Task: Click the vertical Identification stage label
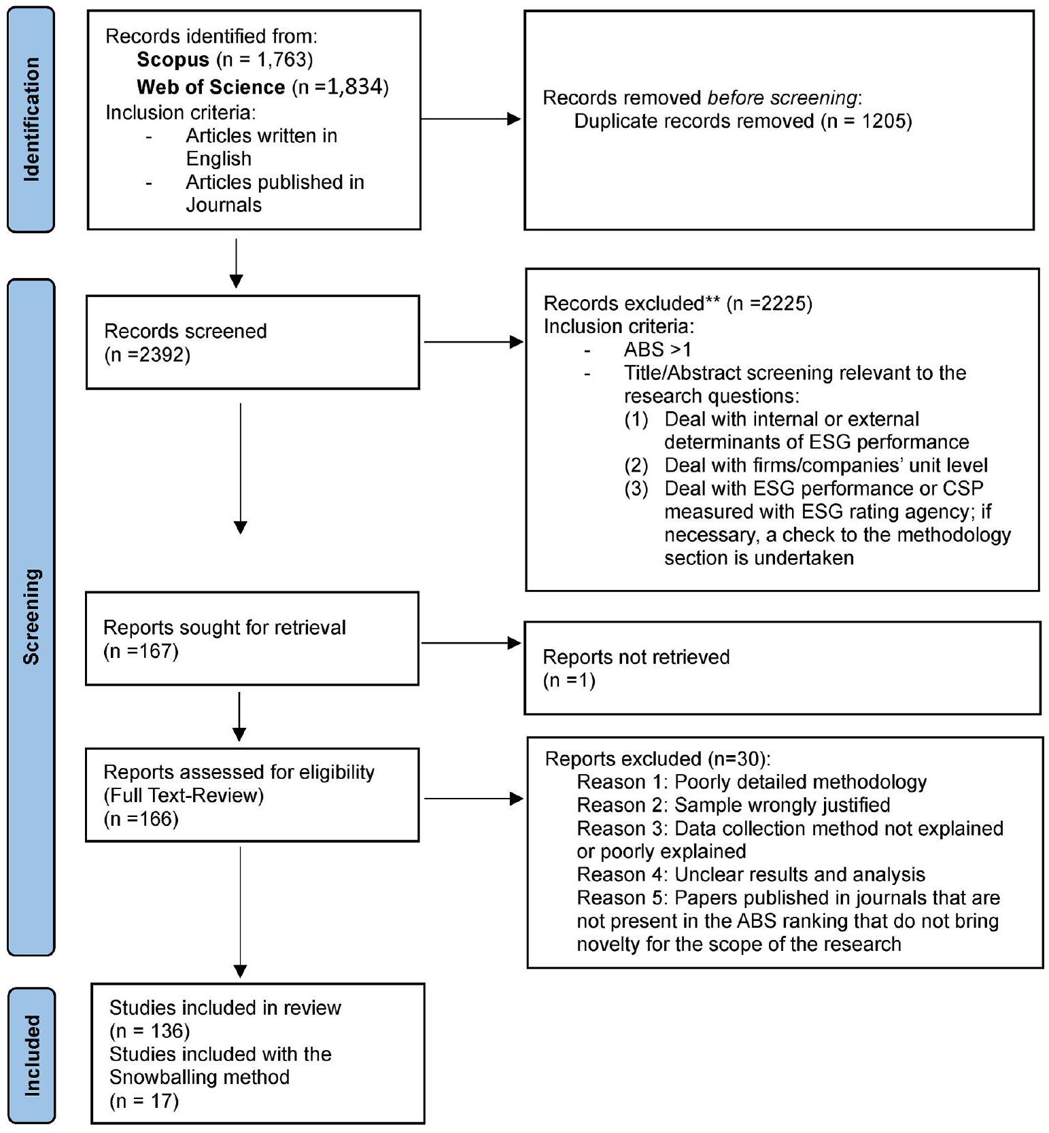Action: [x=31, y=120]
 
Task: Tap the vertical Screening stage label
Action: [x=31, y=616]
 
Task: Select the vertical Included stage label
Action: [x=31, y=1055]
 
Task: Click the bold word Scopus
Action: [x=173, y=60]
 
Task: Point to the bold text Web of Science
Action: [x=211, y=87]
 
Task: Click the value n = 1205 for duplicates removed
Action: [x=865, y=121]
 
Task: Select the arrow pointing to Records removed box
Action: [x=471, y=119]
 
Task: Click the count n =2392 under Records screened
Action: [x=148, y=355]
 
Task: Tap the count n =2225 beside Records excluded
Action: [x=769, y=303]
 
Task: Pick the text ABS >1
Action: [x=657, y=349]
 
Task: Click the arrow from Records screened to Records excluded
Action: [x=473, y=342]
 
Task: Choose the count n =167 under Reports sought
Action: [x=141, y=651]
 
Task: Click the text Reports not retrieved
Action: [x=636, y=657]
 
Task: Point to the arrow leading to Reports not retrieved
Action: [x=471, y=642]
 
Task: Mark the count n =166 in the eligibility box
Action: [x=141, y=818]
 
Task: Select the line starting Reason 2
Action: [x=733, y=805]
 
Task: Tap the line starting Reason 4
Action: [x=751, y=874]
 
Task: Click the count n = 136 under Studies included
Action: [x=150, y=1031]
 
